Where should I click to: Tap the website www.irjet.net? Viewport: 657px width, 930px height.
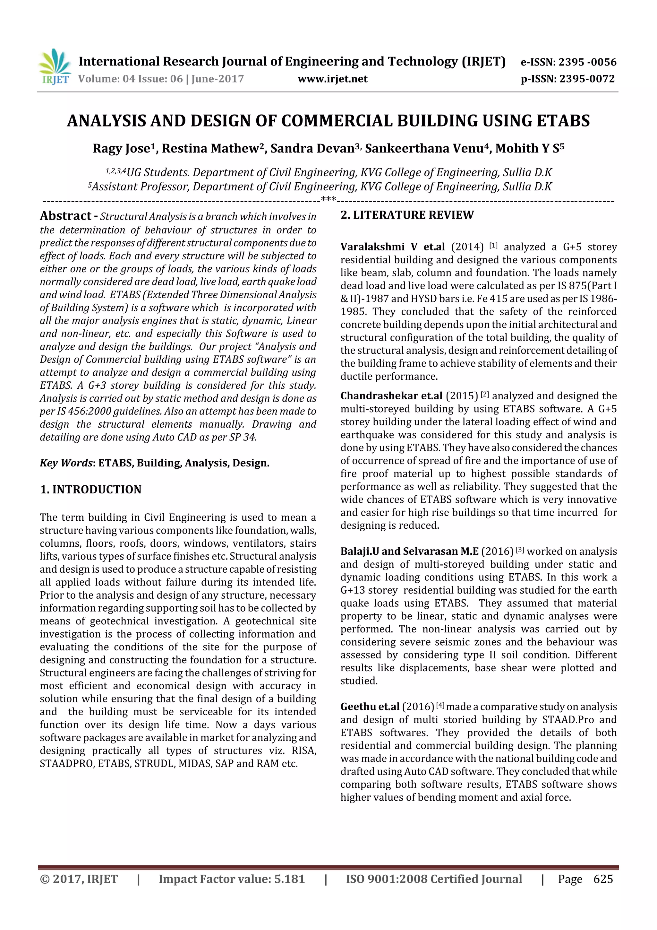[x=332, y=79]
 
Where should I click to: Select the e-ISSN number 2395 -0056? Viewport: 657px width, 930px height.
[x=587, y=62]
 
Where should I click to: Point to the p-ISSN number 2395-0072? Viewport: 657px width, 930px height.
[x=586, y=79]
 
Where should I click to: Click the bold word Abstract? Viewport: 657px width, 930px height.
[x=65, y=216]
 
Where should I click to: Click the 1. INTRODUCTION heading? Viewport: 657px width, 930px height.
[x=91, y=489]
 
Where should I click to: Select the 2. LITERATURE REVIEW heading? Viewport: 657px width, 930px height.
[x=407, y=215]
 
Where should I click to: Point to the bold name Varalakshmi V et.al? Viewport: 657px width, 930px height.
[x=392, y=247]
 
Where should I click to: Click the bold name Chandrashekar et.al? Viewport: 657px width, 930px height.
[x=391, y=396]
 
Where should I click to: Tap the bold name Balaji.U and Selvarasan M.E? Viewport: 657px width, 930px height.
[x=409, y=551]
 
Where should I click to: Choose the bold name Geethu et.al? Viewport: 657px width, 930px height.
[x=370, y=707]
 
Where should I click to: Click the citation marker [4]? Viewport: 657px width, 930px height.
[x=440, y=706]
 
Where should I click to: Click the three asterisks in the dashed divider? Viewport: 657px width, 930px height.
[x=328, y=199]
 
